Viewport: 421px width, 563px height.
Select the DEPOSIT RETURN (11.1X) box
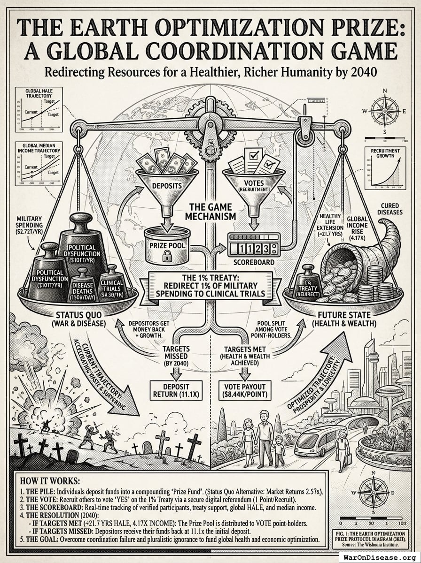click(x=175, y=388)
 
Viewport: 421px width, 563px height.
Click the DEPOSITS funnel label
click(x=167, y=185)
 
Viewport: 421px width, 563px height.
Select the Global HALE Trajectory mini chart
click(x=39, y=109)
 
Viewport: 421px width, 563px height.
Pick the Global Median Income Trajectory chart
click(x=39, y=164)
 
